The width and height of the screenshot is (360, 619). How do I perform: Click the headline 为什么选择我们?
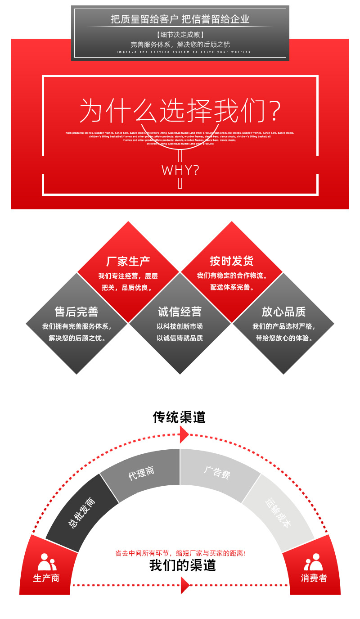click(x=180, y=111)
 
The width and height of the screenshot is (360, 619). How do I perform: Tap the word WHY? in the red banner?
click(x=180, y=170)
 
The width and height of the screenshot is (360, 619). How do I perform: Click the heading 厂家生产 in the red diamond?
click(x=128, y=261)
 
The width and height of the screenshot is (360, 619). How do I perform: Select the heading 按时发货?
click(x=232, y=261)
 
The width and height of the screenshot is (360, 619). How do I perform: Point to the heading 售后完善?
click(x=76, y=312)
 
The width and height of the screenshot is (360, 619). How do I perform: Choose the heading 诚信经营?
click(x=180, y=312)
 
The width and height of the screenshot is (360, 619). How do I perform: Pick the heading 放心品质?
click(x=283, y=312)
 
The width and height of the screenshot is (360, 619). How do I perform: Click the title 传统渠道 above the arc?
click(x=179, y=417)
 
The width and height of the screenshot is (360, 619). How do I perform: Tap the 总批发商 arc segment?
click(x=81, y=513)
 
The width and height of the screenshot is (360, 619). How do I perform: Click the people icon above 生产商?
click(x=47, y=562)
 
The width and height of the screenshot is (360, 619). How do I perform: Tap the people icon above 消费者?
click(x=314, y=562)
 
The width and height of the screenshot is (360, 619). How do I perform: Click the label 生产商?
click(x=46, y=578)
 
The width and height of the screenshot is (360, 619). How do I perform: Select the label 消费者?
click(x=314, y=578)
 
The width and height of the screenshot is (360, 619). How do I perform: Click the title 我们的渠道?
click(x=183, y=565)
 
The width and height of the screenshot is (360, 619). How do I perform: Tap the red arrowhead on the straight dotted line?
click(x=184, y=585)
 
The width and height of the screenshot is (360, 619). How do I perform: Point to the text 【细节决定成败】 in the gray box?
click(x=180, y=35)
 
